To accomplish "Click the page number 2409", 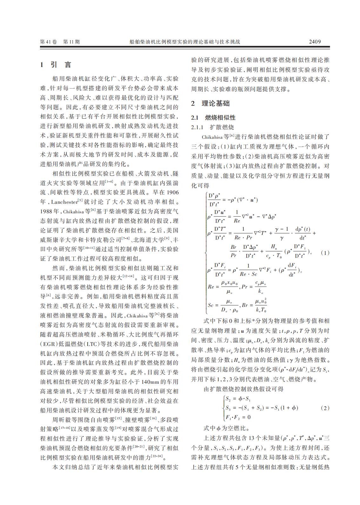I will tap(315, 42).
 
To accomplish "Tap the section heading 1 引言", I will tap(56, 65).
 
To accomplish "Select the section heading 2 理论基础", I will tap(210, 103).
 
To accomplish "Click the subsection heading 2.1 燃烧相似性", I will tap(213, 118).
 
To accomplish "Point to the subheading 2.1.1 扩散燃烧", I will tap(212, 127).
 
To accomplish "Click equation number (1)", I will tap(325, 253).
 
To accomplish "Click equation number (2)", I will tap(325, 408).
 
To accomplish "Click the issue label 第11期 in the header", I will tap(72, 42).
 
